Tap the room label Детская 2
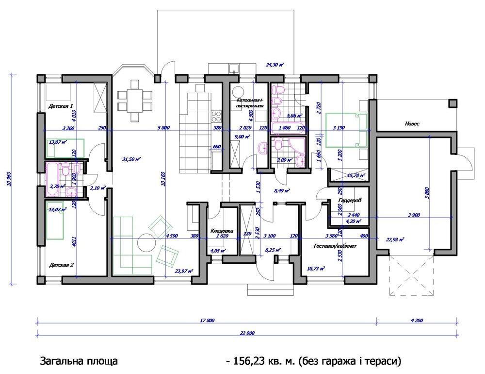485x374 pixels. click(62, 265)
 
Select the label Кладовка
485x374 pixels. click(222, 231)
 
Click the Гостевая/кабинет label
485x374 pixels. click(335, 246)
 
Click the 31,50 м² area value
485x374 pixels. click(131, 159)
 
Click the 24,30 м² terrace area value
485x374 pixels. click(275, 64)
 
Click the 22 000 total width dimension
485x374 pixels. click(247, 333)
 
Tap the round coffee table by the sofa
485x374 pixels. click(146, 242)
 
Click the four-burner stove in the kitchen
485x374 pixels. click(215, 117)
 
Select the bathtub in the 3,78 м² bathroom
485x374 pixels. click(52, 170)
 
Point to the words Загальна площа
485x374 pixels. click(78, 361)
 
